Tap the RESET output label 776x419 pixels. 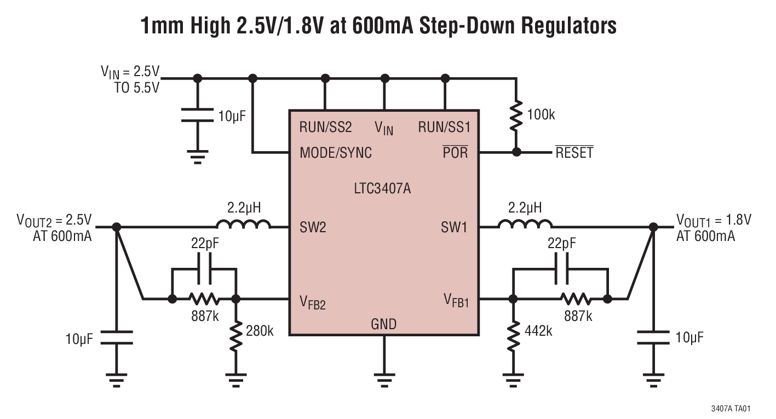pos(574,153)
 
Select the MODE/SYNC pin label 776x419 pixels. pos(335,153)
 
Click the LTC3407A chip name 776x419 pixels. pos(382,190)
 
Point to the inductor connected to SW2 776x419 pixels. pos(243,225)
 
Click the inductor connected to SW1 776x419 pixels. pos(525,225)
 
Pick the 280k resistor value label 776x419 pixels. pos(259,331)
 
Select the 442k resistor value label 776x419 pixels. pos(538,331)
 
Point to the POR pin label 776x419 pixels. pos(456,153)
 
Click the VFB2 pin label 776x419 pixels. pos(313,302)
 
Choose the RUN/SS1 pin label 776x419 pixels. pos(444,128)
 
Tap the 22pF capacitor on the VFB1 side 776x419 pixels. pos(561,268)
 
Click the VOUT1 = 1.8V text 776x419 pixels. pos(714,220)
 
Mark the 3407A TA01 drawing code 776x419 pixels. pos(731,409)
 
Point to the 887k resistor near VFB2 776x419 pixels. pos(204,299)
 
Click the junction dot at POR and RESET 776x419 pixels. pos(516,152)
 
